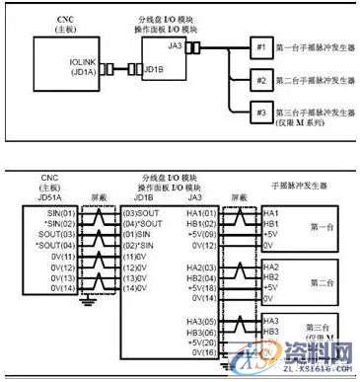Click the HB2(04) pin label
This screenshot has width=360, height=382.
click(201, 277)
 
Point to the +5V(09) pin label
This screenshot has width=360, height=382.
click(201, 232)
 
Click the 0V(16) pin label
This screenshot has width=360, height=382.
click(201, 351)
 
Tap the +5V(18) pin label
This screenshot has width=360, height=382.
click(201, 286)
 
